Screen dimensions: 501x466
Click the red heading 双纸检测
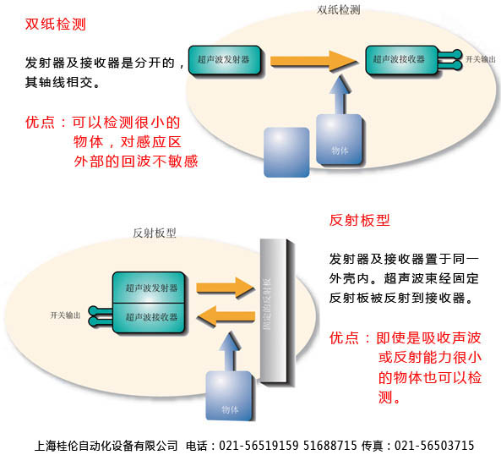tap(56, 24)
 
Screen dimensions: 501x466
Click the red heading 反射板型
tap(359, 220)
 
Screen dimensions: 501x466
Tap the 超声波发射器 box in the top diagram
tap(224, 60)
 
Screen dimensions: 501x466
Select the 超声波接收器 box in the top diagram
tap(401, 60)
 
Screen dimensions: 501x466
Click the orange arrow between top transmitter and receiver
tap(313, 61)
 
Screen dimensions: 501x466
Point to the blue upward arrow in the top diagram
tap(340, 95)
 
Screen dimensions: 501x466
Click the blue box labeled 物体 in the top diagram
tap(339, 140)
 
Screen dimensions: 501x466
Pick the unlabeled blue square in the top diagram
tap(286, 152)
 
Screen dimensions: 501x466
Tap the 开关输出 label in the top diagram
tap(480, 59)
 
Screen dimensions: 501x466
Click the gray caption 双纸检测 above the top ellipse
tap(339, 10)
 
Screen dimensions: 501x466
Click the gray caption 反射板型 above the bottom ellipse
tap(155, 233)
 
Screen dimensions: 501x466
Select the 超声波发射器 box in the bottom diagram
tap(149, 288)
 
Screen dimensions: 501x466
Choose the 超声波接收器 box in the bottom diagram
tap(149, 318)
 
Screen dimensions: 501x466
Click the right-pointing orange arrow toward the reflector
tap(226, 288)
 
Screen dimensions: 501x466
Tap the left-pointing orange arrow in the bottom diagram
tap(226, 316)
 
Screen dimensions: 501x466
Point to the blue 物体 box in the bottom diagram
tap(229, 396)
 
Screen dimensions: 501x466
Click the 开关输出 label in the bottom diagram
tap(66, 315)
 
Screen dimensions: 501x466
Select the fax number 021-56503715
tap(434, 446)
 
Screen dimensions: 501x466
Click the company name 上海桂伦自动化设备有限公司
tap(106, 446)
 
